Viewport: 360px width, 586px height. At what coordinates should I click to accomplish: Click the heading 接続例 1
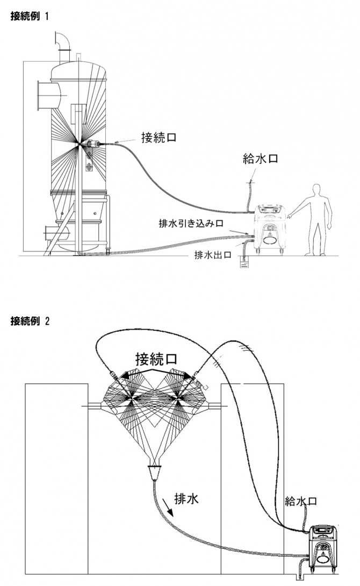coord(30,16)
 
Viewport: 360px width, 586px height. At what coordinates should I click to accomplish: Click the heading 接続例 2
coord(30,321)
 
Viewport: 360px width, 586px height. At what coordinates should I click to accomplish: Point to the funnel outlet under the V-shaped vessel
coord(156,473)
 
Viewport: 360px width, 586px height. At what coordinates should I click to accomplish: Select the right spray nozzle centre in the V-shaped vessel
coord(179,398)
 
